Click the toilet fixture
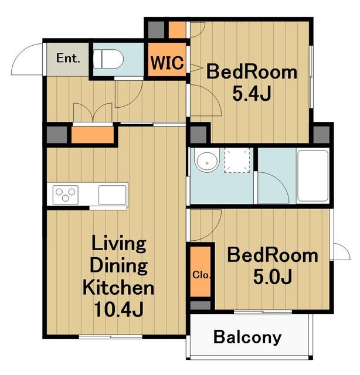tap(108, 59)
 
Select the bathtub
tap(313, 176)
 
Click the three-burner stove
tap(65, 195)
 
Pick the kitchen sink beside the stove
tap(112, 195)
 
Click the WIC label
tap(167, 63)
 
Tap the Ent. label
tap(68, 58)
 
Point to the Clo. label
tap(202, 275)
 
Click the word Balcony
tap(247, 337)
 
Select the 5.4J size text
tap(252, 93)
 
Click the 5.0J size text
tap(273, 276)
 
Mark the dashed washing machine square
tap(237, 160)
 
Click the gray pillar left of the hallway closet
tap(57, 135)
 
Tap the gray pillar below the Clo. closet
tap(201, 305)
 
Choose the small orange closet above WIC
tap(177, 30)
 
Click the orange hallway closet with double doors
tap(93, 135)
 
